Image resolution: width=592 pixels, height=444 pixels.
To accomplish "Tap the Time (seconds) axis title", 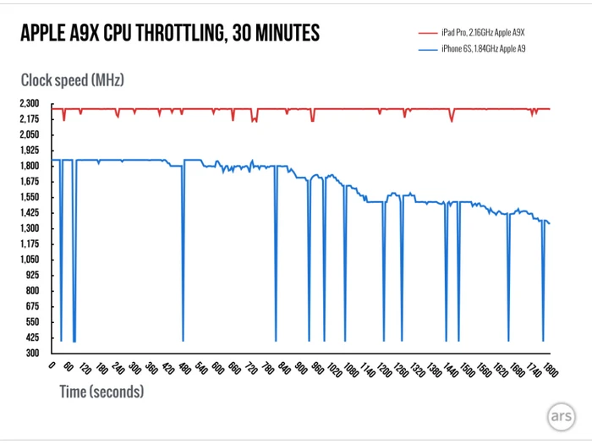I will [x=101, y=392].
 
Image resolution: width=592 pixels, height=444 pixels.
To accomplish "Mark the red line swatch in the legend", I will [x=427, y=31].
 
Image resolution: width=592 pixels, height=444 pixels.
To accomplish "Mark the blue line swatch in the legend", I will [x=427, y=50].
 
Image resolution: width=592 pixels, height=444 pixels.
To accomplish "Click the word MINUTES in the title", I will [x=286, y=34].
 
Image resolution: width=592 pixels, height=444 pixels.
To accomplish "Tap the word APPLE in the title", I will [x=47, y=34].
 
